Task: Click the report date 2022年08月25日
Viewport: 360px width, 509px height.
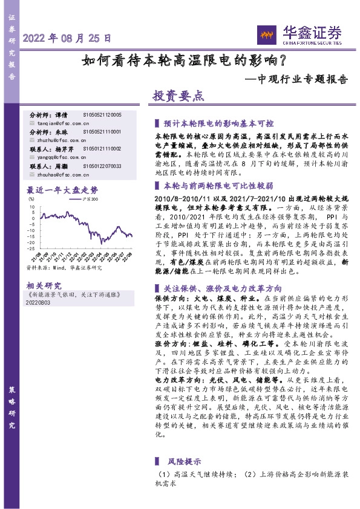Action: (67, 37)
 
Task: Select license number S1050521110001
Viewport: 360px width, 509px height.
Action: (103, 131)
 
